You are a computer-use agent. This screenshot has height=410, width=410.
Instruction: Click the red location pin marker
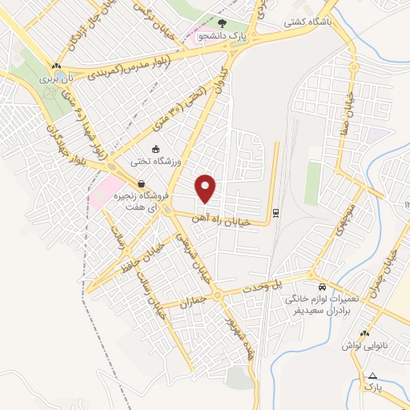(x=207, y=188)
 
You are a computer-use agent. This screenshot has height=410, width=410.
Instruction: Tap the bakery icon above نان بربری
(x=55, y=66)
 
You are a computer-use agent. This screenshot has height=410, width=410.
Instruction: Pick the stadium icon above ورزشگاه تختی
(x=156, y=149)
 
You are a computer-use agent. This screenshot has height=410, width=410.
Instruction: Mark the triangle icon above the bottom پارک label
(x=372, y=375)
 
